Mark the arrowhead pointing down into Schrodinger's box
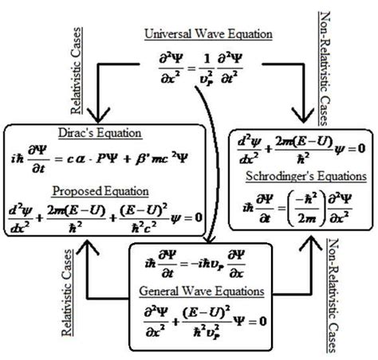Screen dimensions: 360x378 click(302, 114)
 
